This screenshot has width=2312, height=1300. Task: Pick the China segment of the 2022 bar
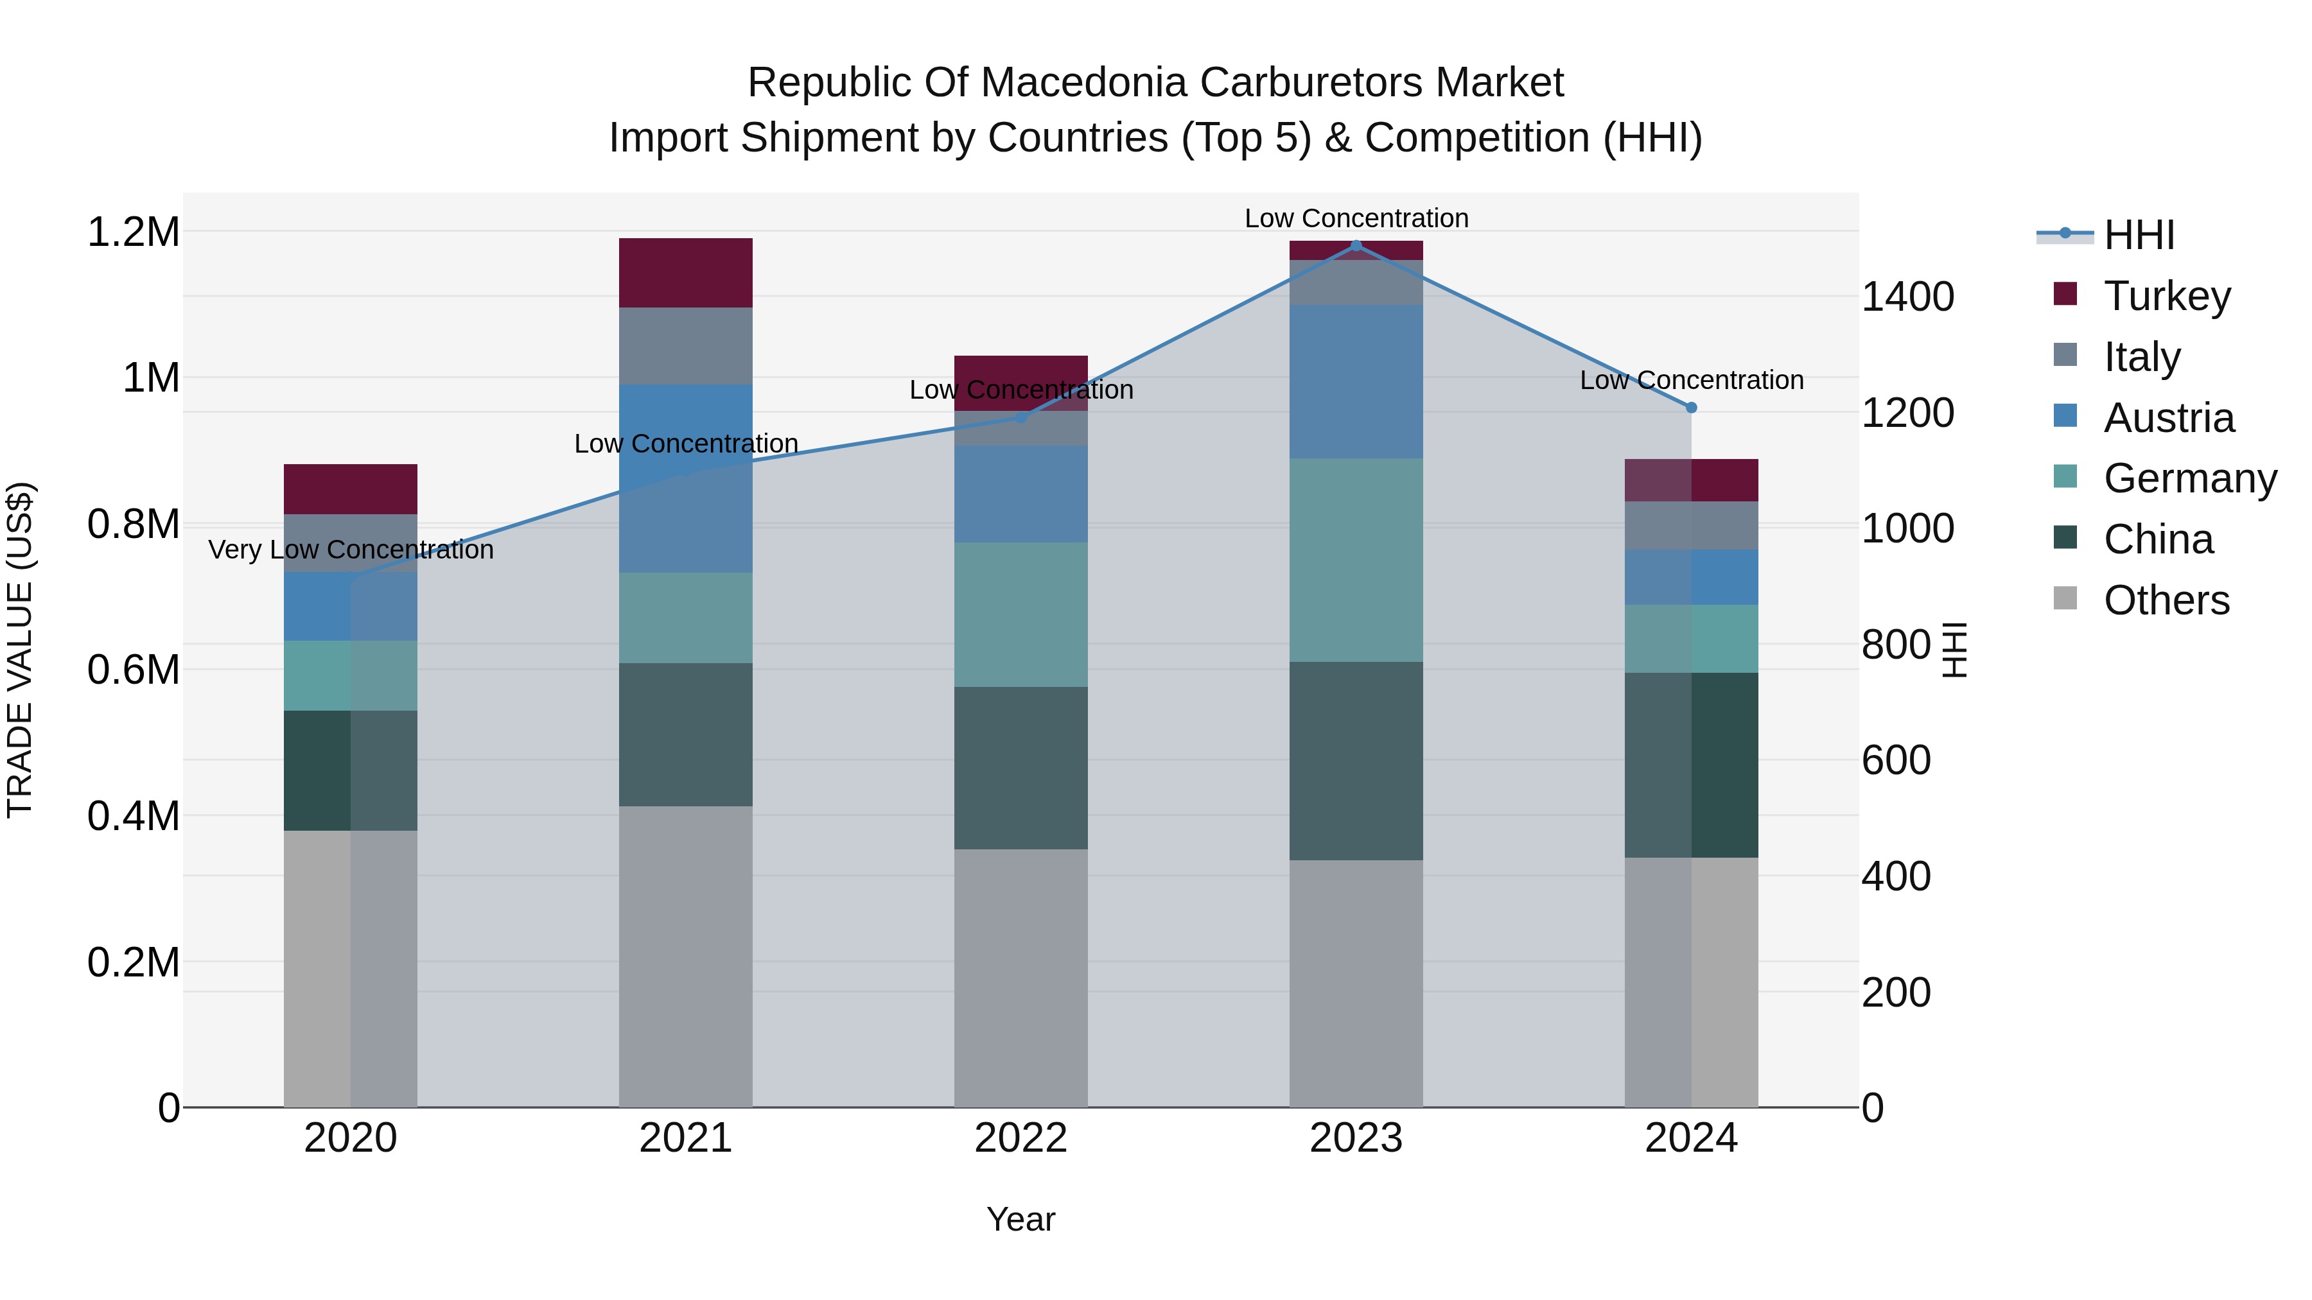tap(1020, 768)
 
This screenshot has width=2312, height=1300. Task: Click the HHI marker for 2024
tap(1691, 407)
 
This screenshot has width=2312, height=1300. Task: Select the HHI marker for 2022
tap(1020, 417)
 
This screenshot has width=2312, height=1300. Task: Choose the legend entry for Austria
tap(2168, 418)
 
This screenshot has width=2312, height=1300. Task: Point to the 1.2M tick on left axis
tap(133, 232)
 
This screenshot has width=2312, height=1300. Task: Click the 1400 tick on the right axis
tap(1907, 297)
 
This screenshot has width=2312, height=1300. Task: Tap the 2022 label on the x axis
tap(1020, 1138)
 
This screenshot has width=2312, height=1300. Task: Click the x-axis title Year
tap(1020, 1219)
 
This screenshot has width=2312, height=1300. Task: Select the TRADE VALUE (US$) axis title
tap(20, 650)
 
